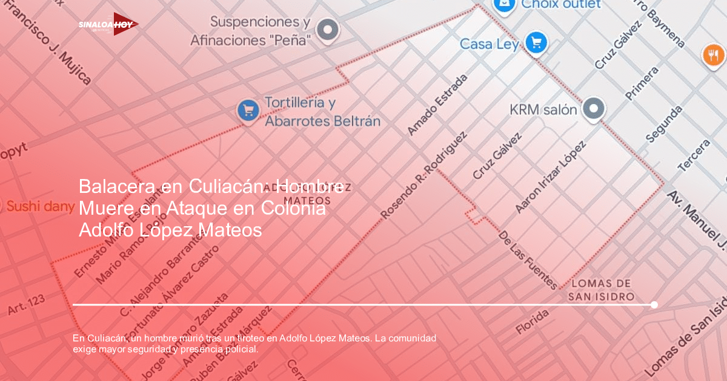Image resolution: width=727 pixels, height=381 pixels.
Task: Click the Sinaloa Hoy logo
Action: click(x=108, y=24)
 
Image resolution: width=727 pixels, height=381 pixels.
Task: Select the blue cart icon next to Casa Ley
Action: click(x=536, y=42)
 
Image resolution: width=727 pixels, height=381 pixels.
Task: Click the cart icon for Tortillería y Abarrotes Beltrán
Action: click(x=248, y=110)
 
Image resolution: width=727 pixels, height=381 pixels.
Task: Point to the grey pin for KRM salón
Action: click(x=594, y=109)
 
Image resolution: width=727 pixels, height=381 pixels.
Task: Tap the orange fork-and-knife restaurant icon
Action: click(x=713, y=55)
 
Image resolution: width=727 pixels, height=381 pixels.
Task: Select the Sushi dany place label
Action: click(x=40, y=206)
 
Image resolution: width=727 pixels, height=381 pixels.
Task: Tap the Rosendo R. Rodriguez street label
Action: click(x=423, y=175)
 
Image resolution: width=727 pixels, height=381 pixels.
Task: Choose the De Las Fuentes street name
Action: click(x=527, y=259)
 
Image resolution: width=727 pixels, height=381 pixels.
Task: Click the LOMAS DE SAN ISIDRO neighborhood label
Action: click(x=601, y=290)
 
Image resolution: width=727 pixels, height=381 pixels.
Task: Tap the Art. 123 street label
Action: click(x=26, y=305)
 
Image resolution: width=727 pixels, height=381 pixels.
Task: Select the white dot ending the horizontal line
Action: click(x=654, y=305)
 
